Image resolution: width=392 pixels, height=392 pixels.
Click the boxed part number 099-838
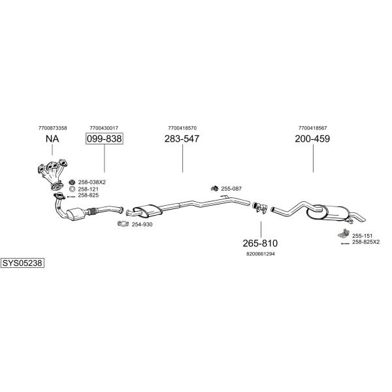105,139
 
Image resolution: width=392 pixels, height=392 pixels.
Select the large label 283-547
182,139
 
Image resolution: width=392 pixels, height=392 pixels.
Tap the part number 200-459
312,139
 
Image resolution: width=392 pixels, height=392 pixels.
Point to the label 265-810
260,243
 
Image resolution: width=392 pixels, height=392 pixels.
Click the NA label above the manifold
52,139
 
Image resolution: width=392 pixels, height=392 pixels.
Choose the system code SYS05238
22,263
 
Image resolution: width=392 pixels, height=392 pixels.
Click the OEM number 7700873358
53,128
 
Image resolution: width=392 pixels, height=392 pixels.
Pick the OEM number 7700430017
104,128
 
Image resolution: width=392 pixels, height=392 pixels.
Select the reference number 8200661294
261,254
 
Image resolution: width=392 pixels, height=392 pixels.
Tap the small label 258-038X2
91,182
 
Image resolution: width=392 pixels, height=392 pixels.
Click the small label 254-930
142,225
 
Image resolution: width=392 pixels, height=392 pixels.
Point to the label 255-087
231,189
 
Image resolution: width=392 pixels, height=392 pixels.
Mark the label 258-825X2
366,242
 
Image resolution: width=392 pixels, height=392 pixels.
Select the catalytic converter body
76,214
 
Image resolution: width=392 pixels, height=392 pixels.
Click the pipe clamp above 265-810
260,207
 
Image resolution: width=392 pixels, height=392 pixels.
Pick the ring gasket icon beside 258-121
72,189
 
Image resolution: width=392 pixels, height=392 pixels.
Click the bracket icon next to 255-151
344,234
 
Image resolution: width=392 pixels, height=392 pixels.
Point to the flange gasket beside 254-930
123,223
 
